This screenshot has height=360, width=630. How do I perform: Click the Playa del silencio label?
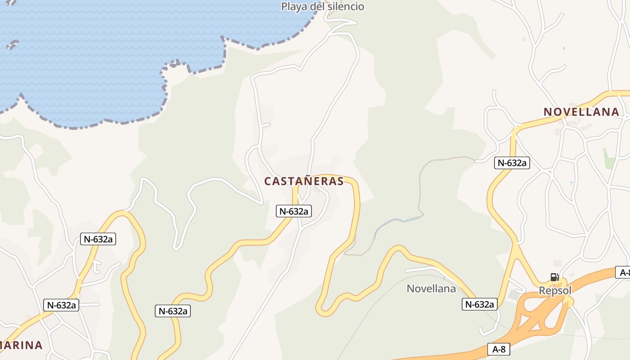tap(322, 6)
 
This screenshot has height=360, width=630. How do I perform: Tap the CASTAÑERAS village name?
tap(304, 181)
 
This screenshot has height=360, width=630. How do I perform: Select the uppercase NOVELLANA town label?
tap(581, 112)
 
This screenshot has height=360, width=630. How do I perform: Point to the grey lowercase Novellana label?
tap(431, 288)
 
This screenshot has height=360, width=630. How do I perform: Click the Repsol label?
tap(555, 290)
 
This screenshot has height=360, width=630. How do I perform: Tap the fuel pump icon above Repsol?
tap(554, 277)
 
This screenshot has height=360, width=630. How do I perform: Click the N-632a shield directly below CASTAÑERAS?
tap(294, 211)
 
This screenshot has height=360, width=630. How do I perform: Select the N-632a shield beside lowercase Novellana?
tap(479, 304)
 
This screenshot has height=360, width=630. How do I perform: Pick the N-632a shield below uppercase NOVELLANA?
tap(512, 163)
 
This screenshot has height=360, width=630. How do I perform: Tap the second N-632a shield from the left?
tap(98, 239)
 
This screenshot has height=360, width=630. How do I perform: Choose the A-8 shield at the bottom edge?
tap(499, 349)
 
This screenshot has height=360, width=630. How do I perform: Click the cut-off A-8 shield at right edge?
tap(623, 272)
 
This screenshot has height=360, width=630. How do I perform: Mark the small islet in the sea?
tap(13, 44)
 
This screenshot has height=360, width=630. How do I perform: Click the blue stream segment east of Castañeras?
tap(396, 220)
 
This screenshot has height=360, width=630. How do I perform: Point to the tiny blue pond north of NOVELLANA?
tap(564, 48)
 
